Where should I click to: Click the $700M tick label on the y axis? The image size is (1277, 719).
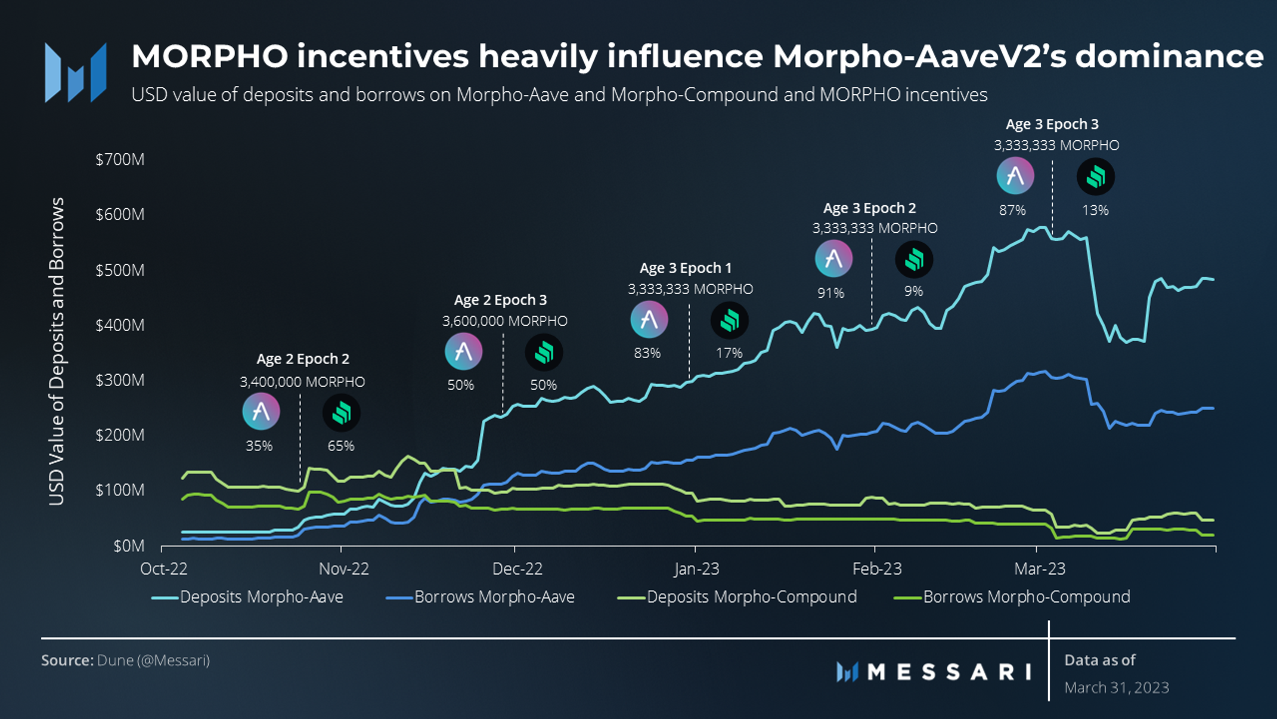pos(120,159)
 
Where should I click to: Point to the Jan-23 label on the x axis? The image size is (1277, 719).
pos(696,569)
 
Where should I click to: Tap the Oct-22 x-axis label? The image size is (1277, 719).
pos(163,569)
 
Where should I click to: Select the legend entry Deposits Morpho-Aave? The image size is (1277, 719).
pos(261,597)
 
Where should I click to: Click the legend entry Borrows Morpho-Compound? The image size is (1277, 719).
pos(1025,597)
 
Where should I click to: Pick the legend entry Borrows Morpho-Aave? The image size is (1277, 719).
pos(494,597)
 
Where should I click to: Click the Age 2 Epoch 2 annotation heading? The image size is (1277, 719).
pos(303,359)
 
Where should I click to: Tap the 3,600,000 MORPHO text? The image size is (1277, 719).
pos(504,321)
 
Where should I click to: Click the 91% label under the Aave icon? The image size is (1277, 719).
pos(830,293)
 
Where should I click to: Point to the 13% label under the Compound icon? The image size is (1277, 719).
pos(1095,210)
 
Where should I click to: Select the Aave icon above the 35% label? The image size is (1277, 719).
pos(261,411)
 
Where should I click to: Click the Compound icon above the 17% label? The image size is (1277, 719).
pos(729,320)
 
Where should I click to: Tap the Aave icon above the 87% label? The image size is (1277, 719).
pos(1015,175)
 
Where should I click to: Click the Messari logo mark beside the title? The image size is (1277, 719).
pos(76,73)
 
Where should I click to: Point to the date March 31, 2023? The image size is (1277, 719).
pos(1116,687)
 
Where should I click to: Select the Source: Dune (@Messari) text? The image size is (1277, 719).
pos(125,661)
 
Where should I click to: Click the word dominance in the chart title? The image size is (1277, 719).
pos(1169,57)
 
